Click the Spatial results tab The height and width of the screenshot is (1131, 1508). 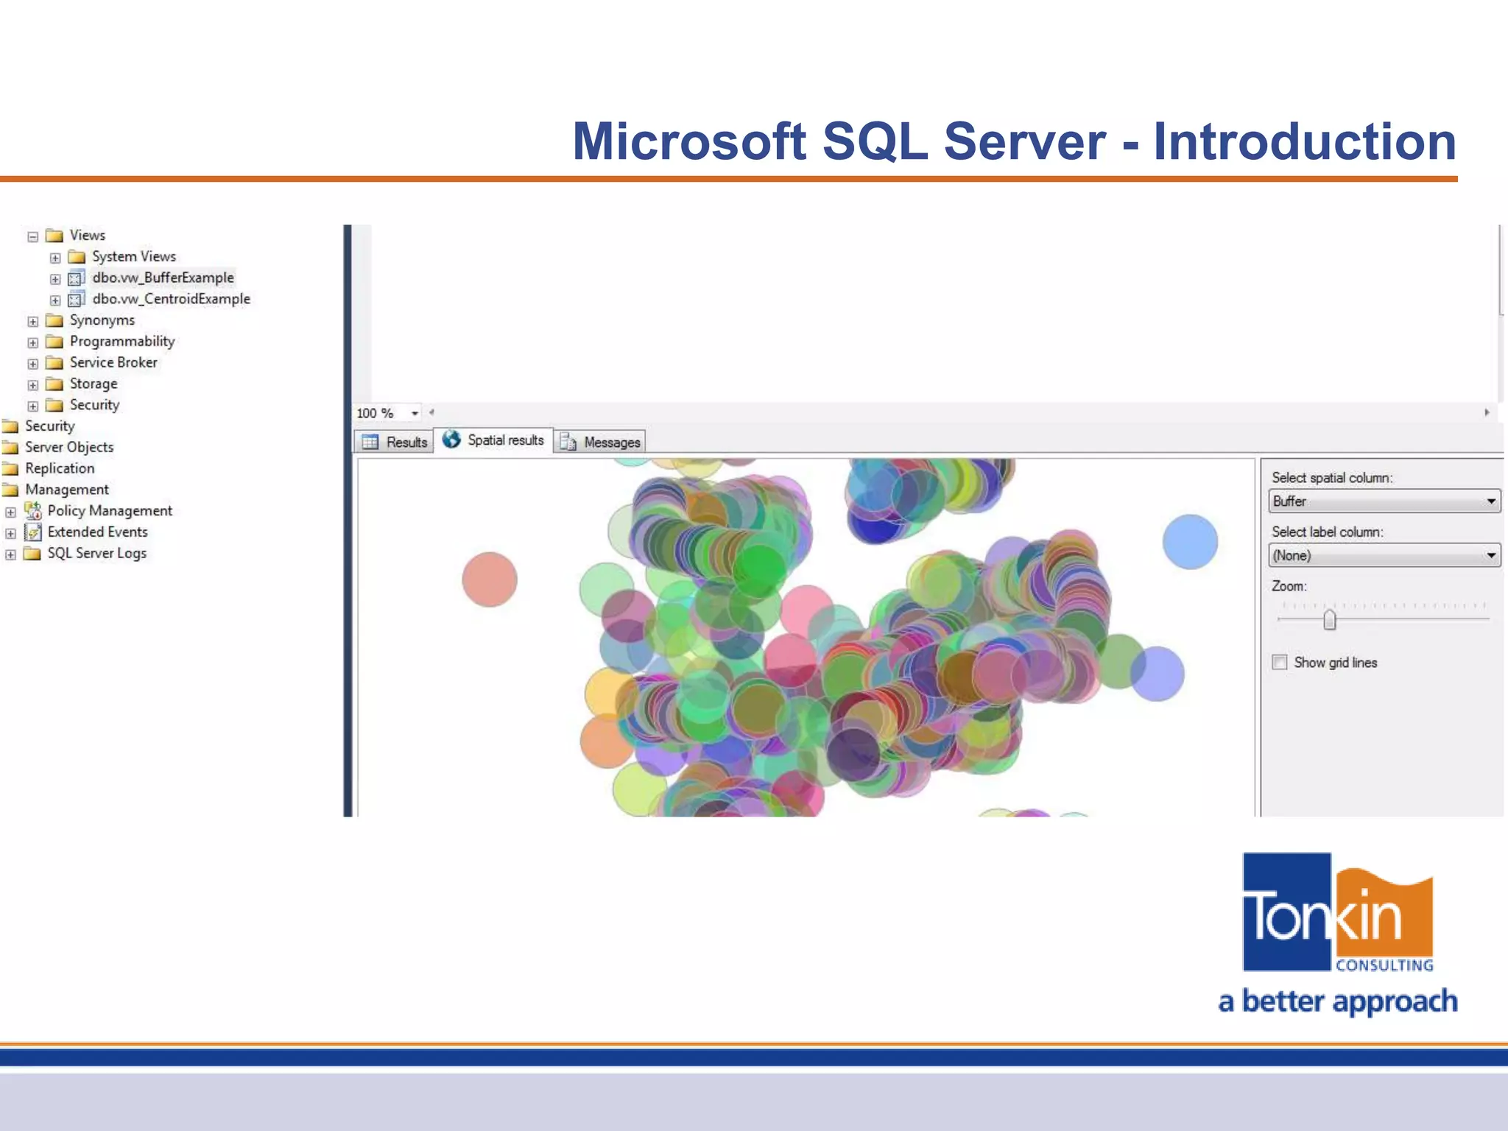tap(495, 440)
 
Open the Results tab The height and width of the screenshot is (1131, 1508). tap(395, 442)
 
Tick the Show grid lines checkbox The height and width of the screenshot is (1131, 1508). tap(1280, 662)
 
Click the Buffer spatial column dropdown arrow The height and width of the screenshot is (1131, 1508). tap(1490, 501)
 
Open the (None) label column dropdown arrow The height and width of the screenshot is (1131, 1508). tap(1490, 555)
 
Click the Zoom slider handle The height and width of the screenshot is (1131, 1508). tap(1329, 619)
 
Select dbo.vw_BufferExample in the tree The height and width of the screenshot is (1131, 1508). tap(163, 278)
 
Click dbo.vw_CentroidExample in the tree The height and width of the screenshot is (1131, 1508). tap(171, 299)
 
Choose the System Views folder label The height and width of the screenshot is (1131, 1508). tap(133, 256)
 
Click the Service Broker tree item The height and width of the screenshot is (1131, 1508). tap(113, 362)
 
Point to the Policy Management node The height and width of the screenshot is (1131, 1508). tap(110, 511)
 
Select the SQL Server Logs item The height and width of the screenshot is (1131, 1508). tap(96, 553)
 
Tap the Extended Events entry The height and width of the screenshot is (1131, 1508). tap(97, 532)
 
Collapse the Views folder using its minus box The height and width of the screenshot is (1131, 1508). tap(33, 236)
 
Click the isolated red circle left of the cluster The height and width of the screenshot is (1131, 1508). tap(490, 579)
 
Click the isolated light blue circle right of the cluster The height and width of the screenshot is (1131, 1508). tap(1190, 542)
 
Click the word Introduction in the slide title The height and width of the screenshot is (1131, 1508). tap(1304, 141)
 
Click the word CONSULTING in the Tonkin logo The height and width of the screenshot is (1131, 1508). tap(1384, 965)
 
